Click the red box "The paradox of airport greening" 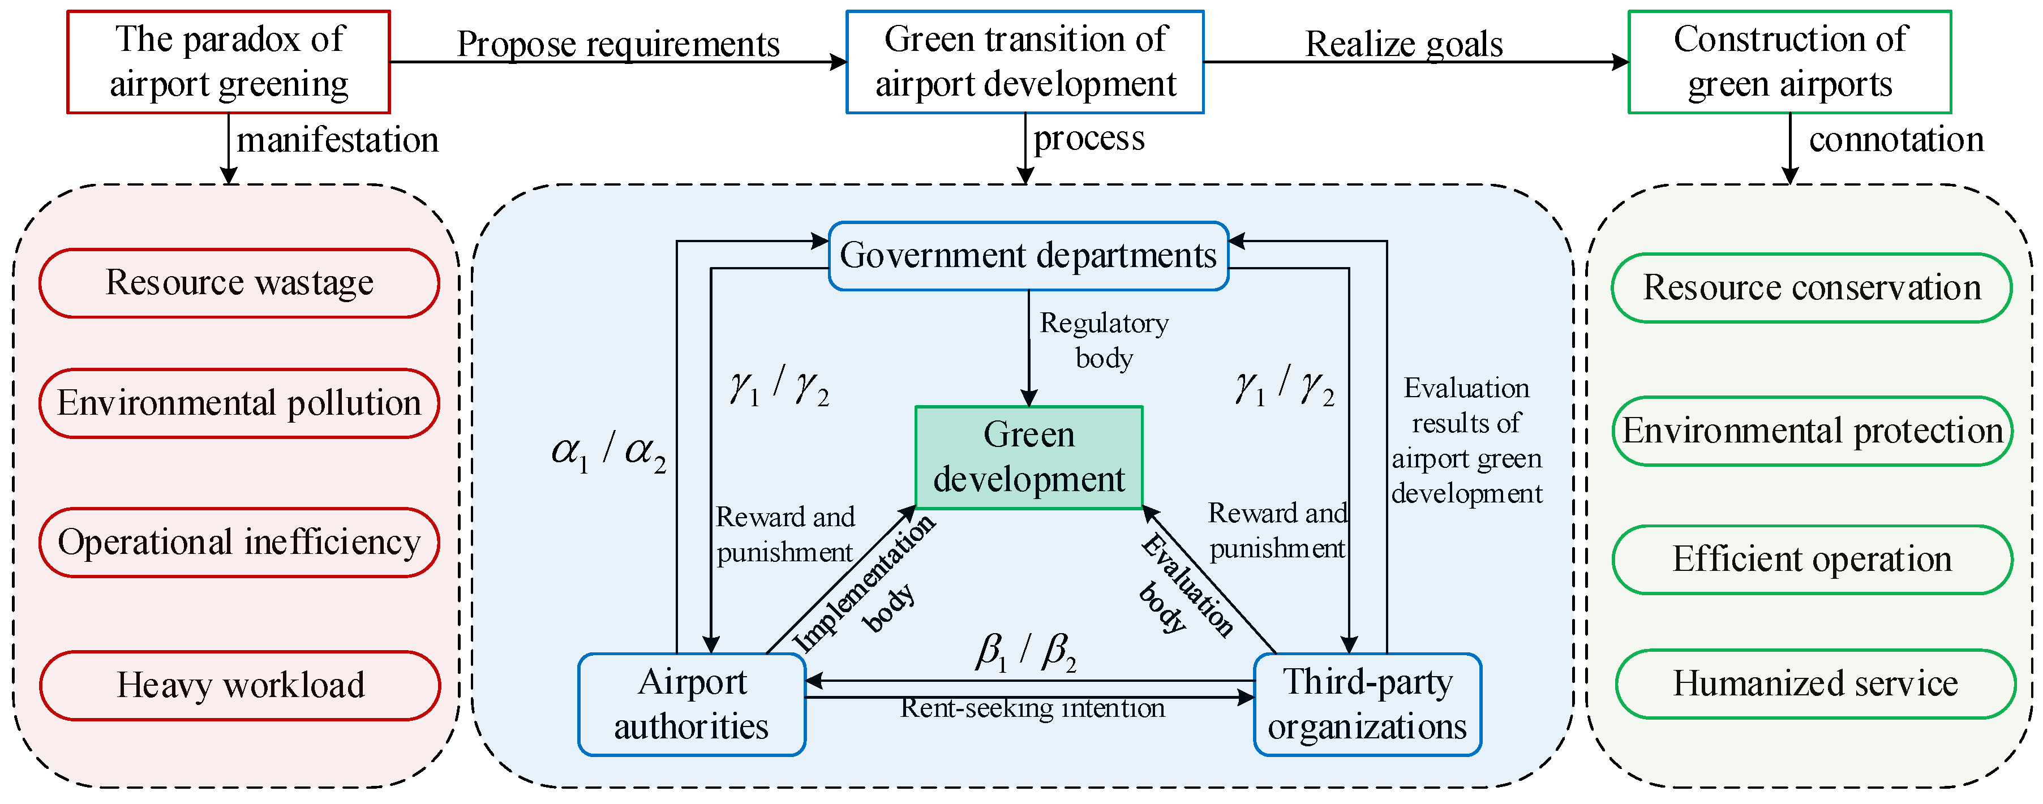coord(229,62)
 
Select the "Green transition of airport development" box coord(1025,62)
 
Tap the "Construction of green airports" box coord(1789,62)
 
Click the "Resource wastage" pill coord(239,283)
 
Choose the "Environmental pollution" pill coord(239,403)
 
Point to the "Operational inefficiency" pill coord(239,543)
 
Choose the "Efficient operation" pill coord(1812,560)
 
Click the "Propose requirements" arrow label coord(618,44)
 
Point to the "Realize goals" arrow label coord(1404,44)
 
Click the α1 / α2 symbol coord(608,452)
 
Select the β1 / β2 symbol coord(1025,652)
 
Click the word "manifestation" coord(337,140)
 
